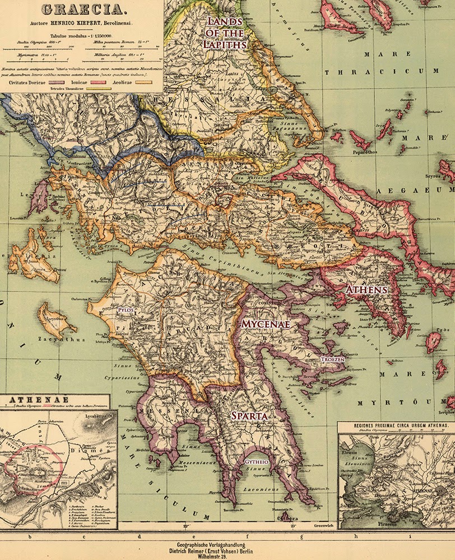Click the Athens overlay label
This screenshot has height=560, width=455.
coord(366,290)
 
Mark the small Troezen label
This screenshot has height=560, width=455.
coord(331,358)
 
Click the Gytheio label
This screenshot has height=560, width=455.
coord(256,461)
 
